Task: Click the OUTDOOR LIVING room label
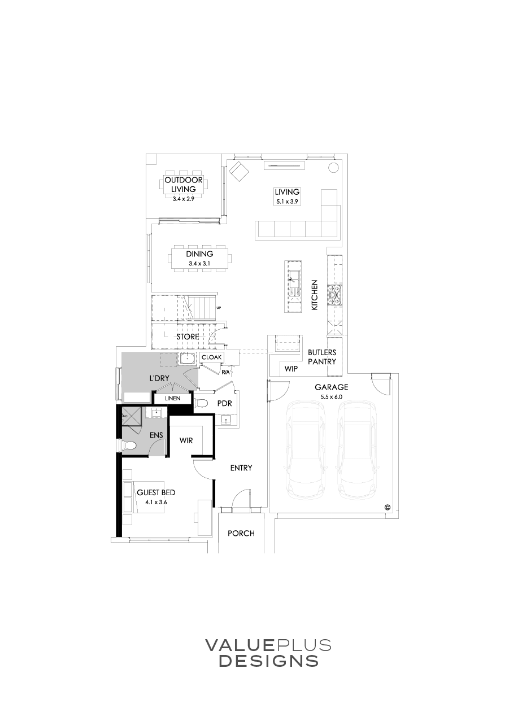184,185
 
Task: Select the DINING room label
199,254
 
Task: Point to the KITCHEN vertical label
315,294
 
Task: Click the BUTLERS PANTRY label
322,357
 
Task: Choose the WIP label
291,369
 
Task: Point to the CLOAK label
211,357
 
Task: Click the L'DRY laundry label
160,378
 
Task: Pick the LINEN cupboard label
172,399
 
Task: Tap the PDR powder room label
225,404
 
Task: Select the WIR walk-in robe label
187,440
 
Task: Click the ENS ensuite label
156,435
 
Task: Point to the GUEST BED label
152,493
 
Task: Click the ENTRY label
241,468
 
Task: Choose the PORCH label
241,533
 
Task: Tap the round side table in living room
333,168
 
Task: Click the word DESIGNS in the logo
268,661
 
